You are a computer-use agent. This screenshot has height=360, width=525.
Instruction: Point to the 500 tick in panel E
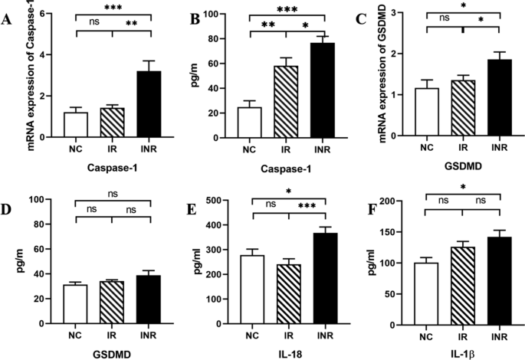(219, 201)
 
